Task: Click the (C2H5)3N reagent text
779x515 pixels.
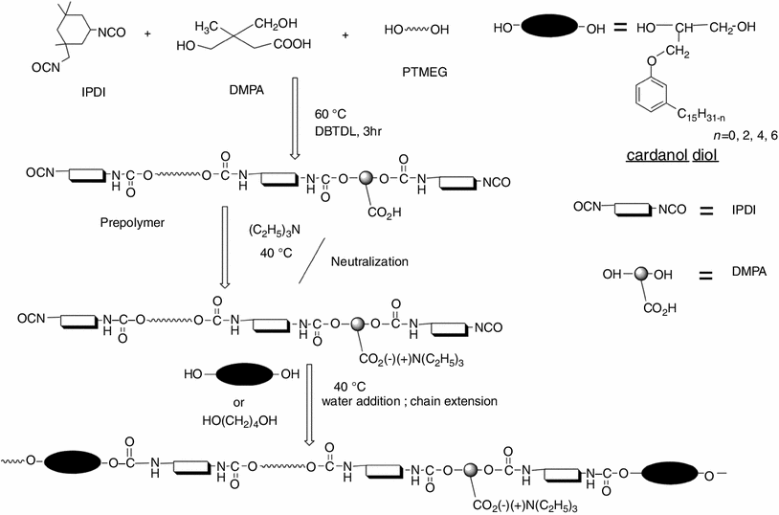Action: pyautogui.click(x=278, y=233)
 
